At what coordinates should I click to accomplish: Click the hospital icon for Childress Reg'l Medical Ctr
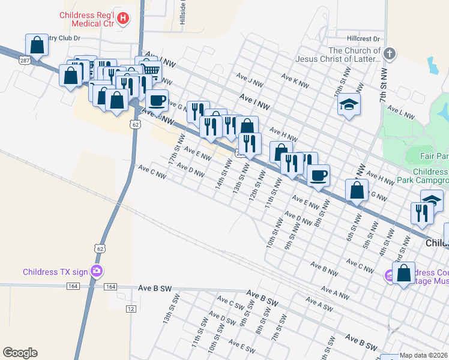point(123,19)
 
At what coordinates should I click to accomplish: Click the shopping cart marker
point(151,70)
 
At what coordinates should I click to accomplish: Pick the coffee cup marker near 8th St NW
point(318,176)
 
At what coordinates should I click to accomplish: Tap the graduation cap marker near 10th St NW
point(349,105)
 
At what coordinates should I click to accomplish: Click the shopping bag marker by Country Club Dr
point(37,44)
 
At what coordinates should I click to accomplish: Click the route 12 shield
point(130,308)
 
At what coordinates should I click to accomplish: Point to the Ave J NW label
point(250,80)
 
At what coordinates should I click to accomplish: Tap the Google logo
point(20,353)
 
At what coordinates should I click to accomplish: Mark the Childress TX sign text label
point(55,272)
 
